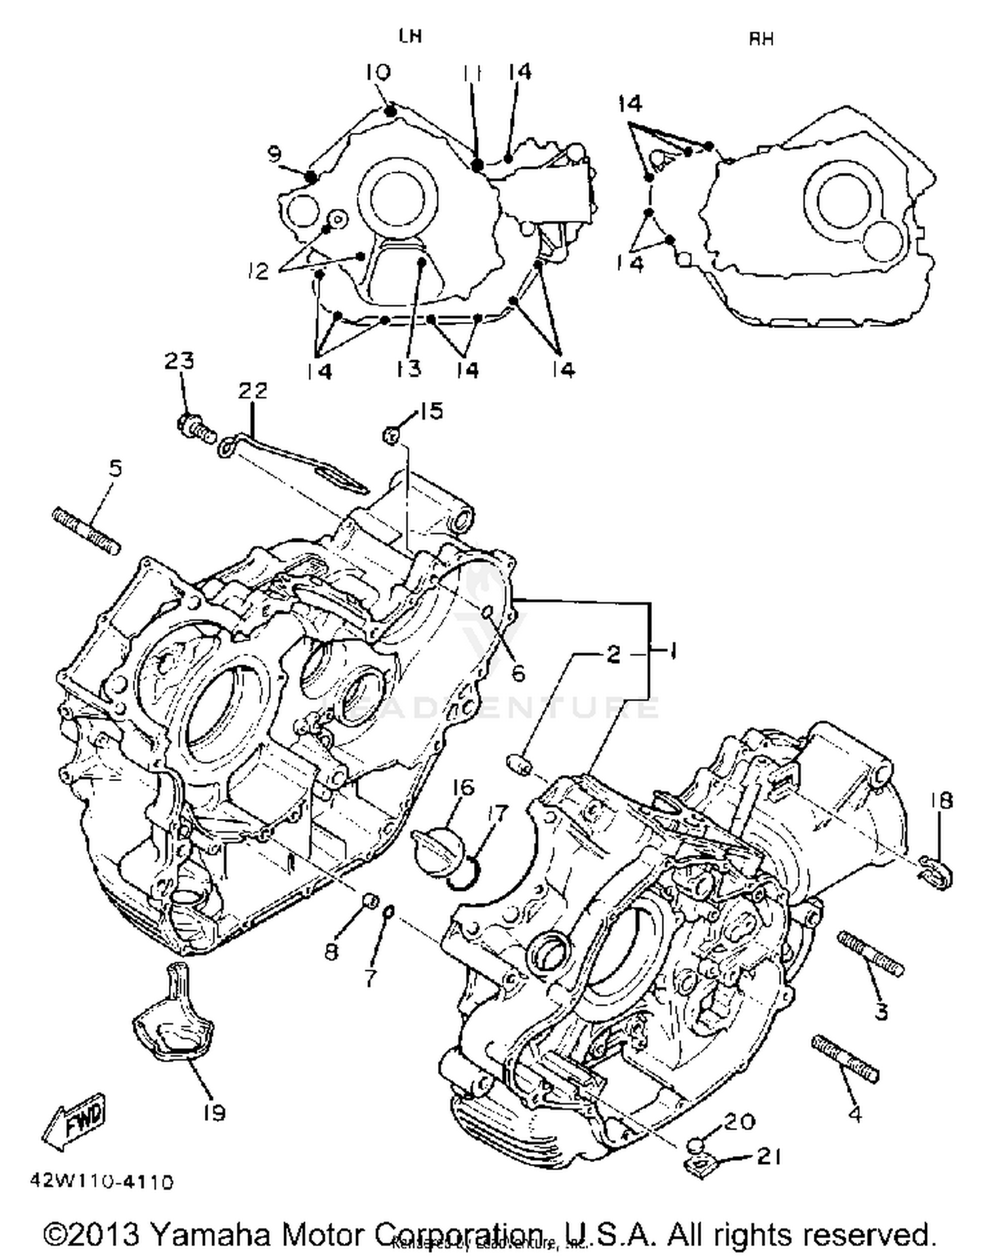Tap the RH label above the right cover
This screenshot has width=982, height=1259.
(761, 39)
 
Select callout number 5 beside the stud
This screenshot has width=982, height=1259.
(115, 468)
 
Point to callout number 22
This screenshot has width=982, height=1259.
(253, 391)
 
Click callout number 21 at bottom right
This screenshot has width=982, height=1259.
(769, 1157)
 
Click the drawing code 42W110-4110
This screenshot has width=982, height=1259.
(101, 1182)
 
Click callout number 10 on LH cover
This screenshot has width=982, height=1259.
(378, 71)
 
